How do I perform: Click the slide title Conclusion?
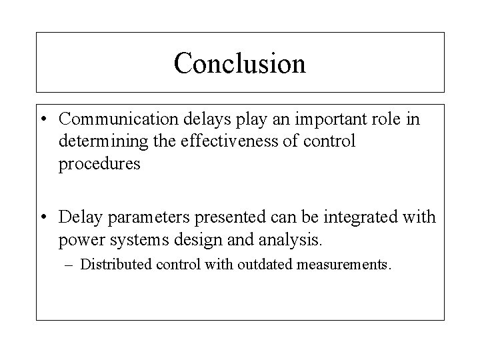(x=239, y=63)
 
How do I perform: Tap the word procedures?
(x=99, y=165)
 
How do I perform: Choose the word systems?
(x=127, y=240)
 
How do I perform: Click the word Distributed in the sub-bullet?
(x=116, y=264)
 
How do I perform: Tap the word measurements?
(x=343, y=264)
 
